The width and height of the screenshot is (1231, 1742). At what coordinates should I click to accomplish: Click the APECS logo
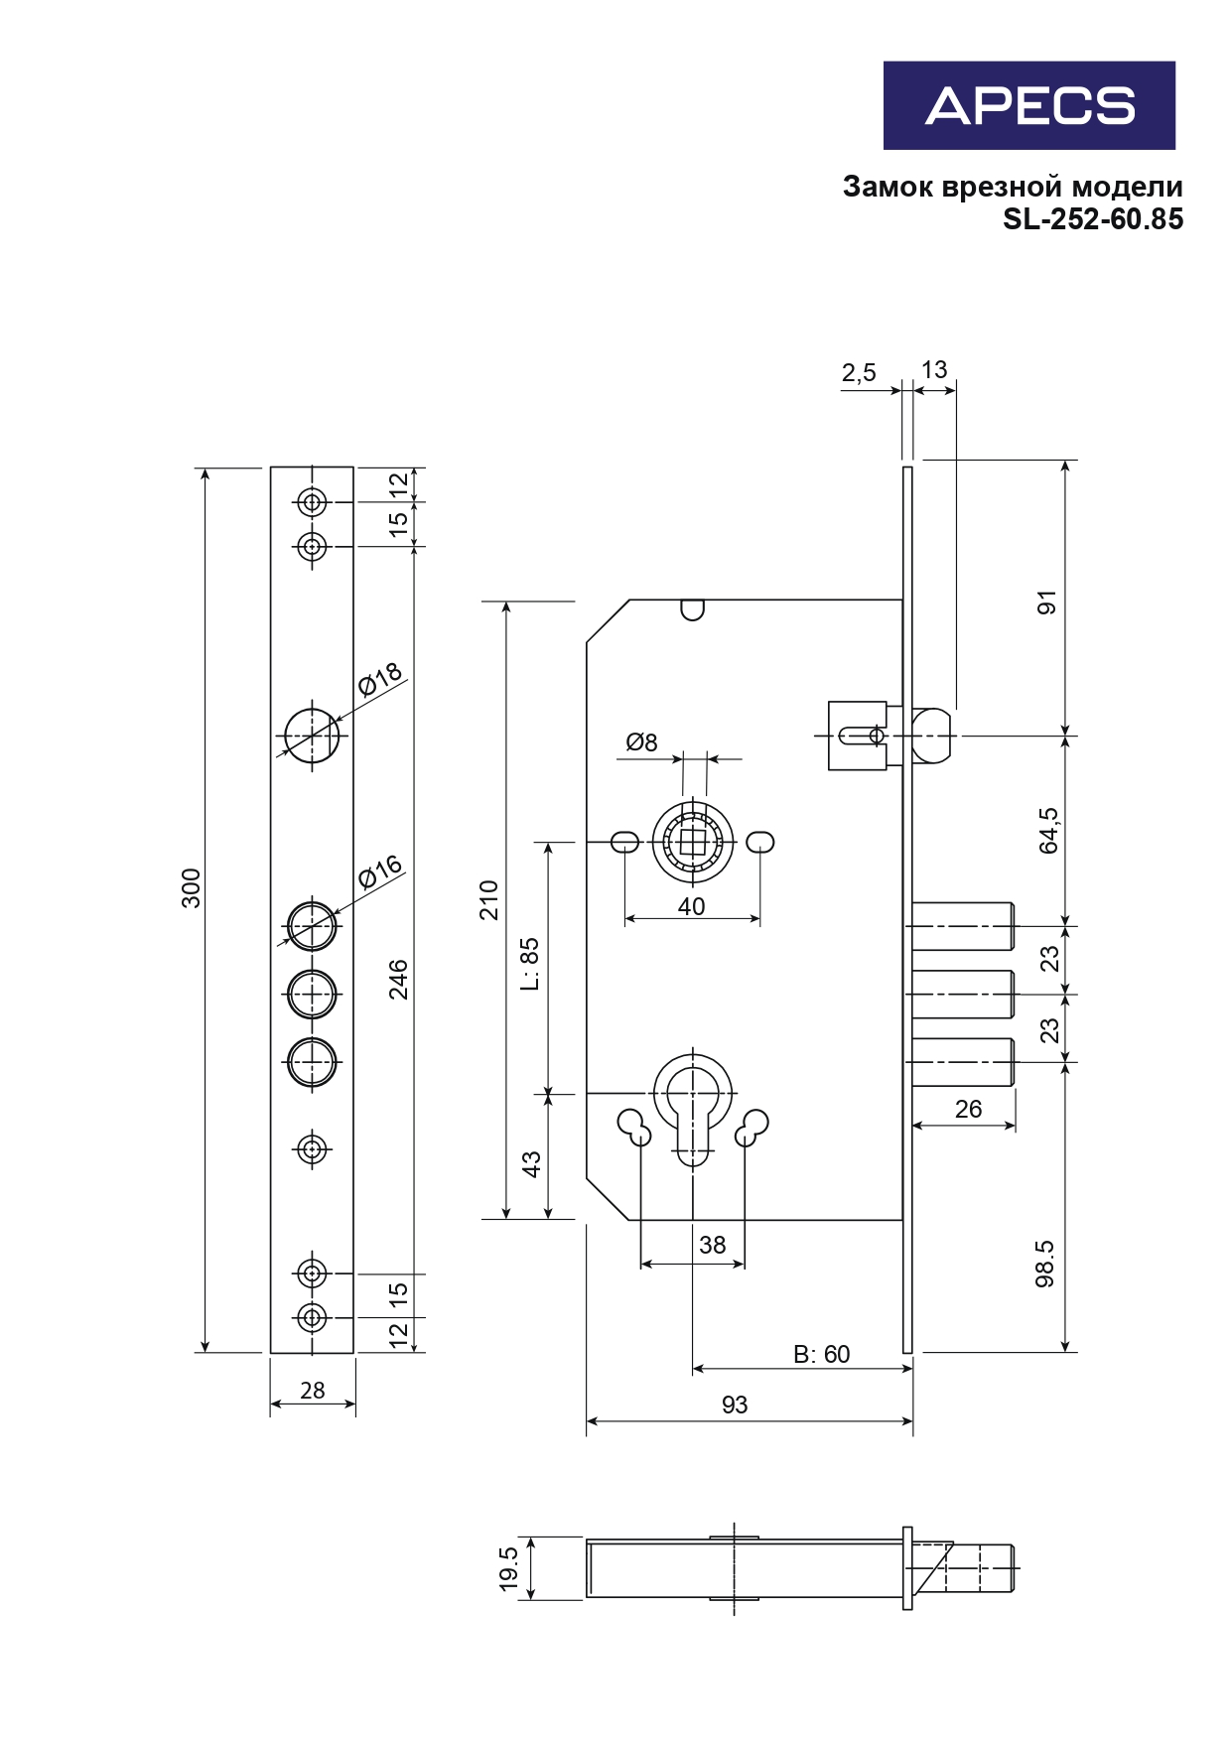1029,105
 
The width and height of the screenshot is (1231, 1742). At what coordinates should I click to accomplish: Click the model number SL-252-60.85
1093,219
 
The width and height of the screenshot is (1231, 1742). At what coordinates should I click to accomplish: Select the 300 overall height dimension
191,887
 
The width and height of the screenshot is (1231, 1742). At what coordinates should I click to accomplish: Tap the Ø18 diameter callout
380,680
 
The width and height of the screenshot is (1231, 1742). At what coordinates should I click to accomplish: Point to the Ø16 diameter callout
380,871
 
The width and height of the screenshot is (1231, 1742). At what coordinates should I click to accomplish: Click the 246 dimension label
398,979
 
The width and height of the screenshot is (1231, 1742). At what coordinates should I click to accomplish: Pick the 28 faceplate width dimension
313,1391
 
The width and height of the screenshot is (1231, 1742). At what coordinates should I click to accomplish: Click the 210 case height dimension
488,900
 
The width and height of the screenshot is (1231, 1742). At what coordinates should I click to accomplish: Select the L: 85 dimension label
530,964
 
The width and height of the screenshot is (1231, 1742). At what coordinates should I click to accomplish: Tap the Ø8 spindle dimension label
641,742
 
